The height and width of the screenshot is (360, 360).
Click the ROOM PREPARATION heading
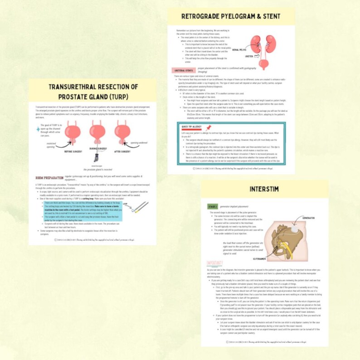(x=49, y=177)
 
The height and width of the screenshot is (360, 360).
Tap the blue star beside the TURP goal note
(x=38, y=129)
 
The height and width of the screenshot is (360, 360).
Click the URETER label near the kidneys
(x=248, y=57)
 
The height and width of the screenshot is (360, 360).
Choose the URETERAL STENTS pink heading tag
(x=184, y=70)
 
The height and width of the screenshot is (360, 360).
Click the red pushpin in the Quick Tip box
(x=209, y=128)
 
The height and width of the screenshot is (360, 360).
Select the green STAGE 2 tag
(x=212, y=207)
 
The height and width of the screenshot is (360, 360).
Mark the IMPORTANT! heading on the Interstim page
(x=214, y=263)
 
